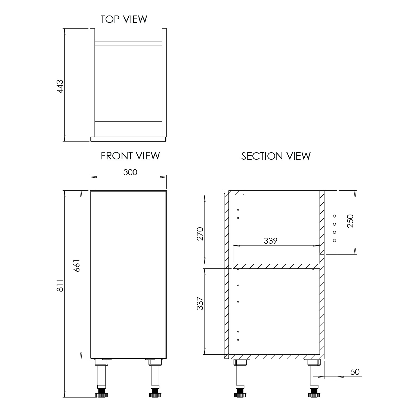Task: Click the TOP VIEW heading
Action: click(124, 19)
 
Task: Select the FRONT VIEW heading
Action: click(130, 156)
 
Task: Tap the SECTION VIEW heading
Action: click(276, 156)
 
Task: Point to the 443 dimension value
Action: click(60, 86)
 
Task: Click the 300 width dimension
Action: click(130, 172)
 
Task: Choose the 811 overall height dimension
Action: click(60, 285)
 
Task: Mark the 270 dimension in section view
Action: click(200, 234)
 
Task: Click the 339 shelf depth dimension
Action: click(270, 241)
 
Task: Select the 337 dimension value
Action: click(200, 303)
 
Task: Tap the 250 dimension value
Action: click(351, 221)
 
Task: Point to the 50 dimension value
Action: click(355, 372)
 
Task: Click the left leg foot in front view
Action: click(101, 394)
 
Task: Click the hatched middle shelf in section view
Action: click(276, 266)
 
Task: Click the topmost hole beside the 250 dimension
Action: click(335, 216)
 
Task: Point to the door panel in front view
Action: click(128, 275)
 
